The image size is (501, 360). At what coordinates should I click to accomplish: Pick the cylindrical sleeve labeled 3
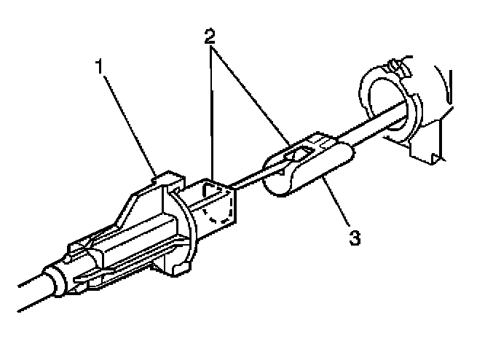[313, 169]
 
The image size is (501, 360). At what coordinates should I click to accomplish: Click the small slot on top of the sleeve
[299, 152]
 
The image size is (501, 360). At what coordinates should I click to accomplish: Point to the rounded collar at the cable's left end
[56, 281]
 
